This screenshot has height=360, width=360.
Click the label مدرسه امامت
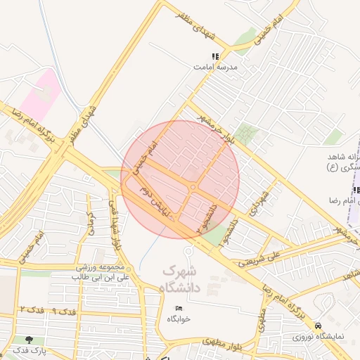pos(216,67)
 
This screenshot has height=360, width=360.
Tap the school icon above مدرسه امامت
pos(216,56)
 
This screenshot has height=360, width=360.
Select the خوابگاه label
pos(179,319)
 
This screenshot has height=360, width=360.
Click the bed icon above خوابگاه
pos(179,308)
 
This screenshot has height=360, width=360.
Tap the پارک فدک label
pos(29,350)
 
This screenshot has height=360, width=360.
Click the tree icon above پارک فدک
pos(29,340)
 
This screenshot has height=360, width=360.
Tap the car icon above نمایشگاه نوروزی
pos(319,326)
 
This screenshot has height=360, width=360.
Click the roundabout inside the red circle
pos(193,187)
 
